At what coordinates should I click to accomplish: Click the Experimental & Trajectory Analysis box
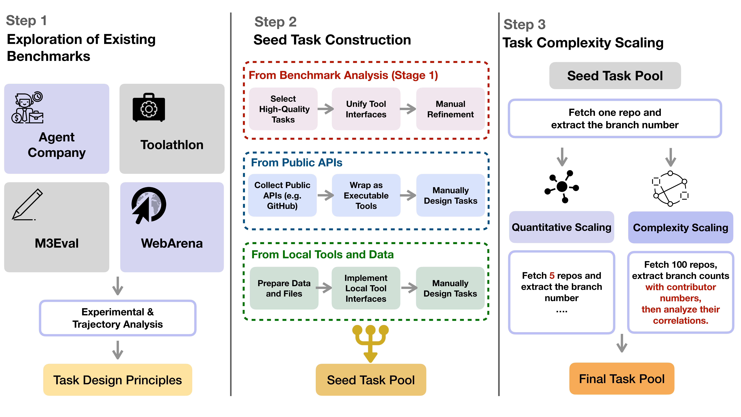click(x=118, y=318)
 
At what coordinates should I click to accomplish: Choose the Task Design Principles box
click(x=118, y=380)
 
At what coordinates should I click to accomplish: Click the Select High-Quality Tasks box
click(x=283, y=109)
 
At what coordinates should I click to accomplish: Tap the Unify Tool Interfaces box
click(x=366, y=109)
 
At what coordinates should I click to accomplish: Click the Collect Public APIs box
click(x=282, y=195)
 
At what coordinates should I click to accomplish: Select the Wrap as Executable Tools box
click(x=366, y=195)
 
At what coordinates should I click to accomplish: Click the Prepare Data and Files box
click(x=284, y=288)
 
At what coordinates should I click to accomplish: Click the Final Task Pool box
click(x=622, y=379)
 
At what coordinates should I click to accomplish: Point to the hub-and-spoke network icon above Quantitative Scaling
click(x=561, y=186)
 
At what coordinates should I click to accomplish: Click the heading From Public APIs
click(x=297, y=163)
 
